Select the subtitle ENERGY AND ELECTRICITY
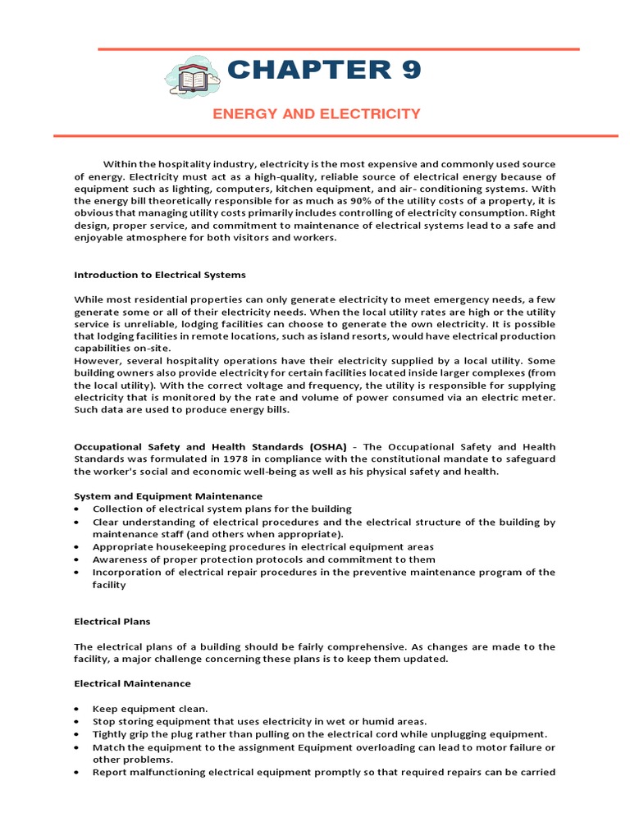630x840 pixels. (x=317, y=114)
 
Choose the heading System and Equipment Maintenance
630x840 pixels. (x=168, y=496)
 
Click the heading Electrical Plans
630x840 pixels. (x=112, y=622)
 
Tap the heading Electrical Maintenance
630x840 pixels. (x=132, y=683)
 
